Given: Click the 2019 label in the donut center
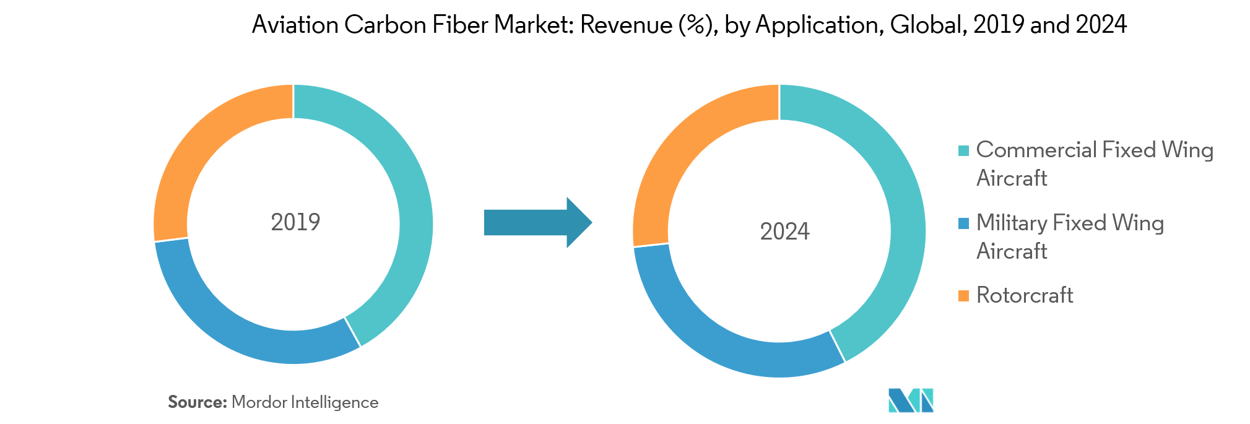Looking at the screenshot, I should [295, 222].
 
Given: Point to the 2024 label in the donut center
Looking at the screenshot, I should [784, 231].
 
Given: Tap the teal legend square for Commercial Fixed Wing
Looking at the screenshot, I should [963, 151].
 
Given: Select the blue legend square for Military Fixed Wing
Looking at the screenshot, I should [963, 223].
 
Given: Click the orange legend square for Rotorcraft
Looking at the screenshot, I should [963, 296].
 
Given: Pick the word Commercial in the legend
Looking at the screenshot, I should [1036, 150].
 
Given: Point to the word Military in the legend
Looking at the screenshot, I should [1010, 223].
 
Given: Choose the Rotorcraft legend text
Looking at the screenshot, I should [1025, 295].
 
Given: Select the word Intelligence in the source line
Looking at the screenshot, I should [334, 402].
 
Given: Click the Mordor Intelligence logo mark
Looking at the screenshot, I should [911, 400].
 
